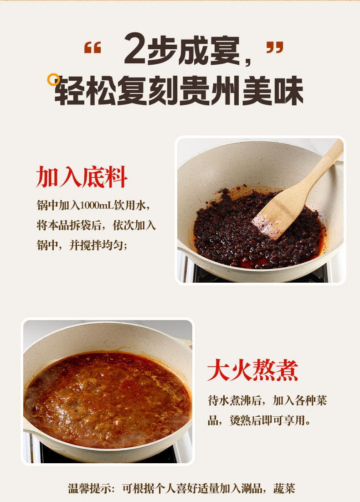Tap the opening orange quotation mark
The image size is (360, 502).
(x=93, y=47)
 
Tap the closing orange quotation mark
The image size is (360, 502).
(x=275, y=47)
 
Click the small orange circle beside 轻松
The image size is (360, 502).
(x=53, y=80)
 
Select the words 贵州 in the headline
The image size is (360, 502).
(x=210, y=91)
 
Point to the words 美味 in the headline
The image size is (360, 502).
(x=273, y=91)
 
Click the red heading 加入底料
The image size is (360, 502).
(x=82, y=177)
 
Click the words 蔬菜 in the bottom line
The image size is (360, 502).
(x=284, y=489)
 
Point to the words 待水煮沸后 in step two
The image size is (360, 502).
(x=235, y=400)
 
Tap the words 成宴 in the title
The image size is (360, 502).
(x=209, y=50)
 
